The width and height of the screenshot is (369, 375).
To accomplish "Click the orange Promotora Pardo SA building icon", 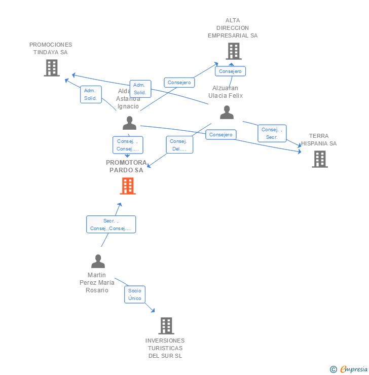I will [x=128, y=186].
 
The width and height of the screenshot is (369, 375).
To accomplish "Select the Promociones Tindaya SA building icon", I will [x=51, y=68].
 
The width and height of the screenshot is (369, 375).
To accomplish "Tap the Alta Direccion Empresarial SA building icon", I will [x=233, y=51].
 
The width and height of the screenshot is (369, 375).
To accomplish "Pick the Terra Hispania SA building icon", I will [x=319, y=159].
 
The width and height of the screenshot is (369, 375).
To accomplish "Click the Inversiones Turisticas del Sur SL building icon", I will [x=166, y=325].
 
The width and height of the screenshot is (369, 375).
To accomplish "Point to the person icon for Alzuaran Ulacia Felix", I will [x=227, y=113].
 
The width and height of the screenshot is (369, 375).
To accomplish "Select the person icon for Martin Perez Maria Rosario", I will [x=98, y=261].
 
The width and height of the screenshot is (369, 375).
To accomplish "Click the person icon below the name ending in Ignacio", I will [x=129, y=123].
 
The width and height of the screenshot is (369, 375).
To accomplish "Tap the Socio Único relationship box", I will [x=135, y=294].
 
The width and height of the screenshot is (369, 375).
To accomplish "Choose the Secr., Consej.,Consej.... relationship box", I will [x=111, y=224].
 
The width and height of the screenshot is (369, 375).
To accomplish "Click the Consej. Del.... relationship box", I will [x=179, y=145].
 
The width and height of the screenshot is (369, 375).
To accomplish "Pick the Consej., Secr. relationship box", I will [x=272, y=133].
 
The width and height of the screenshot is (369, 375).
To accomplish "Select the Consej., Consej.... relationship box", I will [x=128, y=145].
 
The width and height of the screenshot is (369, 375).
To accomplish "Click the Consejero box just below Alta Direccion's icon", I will [x=230, y=71].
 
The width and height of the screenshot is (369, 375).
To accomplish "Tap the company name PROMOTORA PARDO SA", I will [x=127, y=166].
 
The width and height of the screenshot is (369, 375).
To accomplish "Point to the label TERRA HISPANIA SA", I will [x=319, y=139].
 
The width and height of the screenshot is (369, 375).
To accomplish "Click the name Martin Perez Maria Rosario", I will [x=97, y=283].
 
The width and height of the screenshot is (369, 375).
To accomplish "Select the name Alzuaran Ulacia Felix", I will [x=226, y=92].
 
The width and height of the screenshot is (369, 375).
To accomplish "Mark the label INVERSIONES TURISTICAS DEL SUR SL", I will [x=165, y=348].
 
